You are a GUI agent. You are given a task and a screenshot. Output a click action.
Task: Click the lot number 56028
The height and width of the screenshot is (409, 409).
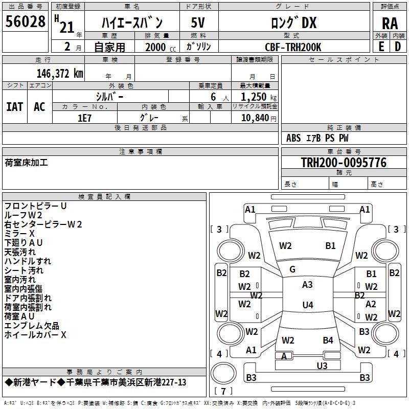(25, 23)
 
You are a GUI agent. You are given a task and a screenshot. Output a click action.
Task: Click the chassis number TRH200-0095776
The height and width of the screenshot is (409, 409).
(344, 163)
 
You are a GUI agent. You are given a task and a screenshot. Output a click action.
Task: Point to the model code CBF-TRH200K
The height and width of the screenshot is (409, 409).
(293, 47)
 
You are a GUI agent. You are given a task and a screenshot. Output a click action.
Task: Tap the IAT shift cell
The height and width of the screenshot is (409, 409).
(14, 107)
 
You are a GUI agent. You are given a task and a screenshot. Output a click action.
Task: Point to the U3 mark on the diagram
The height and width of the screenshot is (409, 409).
(322, 366)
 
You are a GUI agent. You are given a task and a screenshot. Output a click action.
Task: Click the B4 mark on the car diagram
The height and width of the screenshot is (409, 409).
(328, 340)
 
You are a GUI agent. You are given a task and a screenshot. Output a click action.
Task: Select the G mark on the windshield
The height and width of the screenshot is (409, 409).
(292, 269)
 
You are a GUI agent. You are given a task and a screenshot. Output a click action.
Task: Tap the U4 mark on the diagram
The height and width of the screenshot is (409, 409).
(307, 305)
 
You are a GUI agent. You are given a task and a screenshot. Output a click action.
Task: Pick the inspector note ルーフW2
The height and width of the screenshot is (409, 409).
(26, 215)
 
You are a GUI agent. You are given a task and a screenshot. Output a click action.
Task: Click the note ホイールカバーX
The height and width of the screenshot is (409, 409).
(35, 335)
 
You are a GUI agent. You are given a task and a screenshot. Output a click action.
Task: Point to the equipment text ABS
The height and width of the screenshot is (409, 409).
(293, 138)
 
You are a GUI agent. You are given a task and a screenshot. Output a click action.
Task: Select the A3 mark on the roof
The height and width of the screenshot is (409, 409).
(307, 285)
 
